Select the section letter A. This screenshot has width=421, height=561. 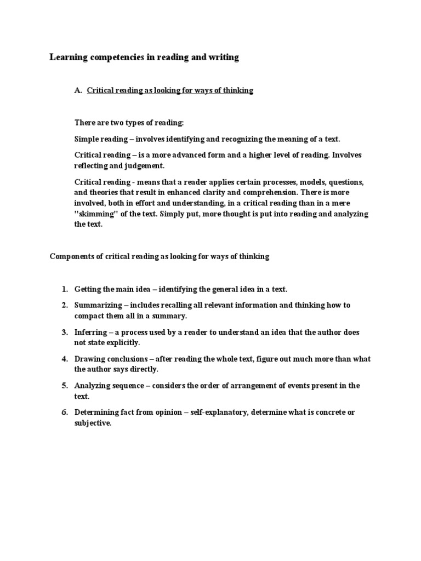pos(77,90)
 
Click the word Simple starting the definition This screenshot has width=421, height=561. pos(87,139)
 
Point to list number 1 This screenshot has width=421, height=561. pos(64,289)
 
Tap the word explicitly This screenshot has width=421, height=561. pos(124,342)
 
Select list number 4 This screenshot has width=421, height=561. pos(64,359)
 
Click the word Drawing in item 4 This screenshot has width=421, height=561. pos(89,359)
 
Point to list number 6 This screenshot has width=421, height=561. pos(64,413)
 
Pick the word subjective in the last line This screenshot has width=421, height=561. pos(93,423)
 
